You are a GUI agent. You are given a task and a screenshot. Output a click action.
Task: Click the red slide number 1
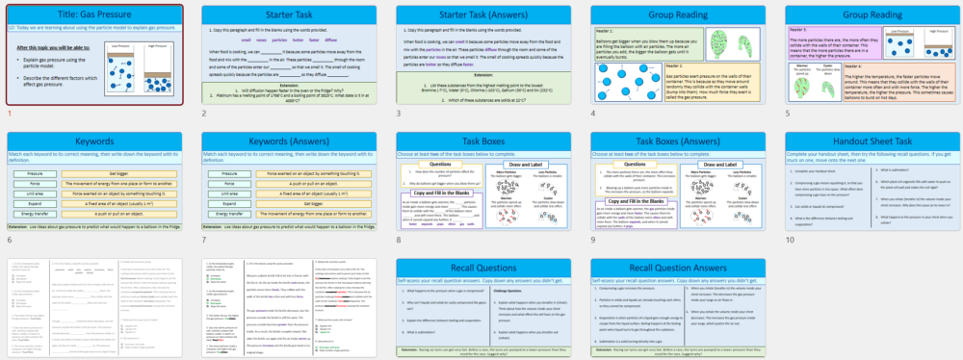click(x=10, y=113)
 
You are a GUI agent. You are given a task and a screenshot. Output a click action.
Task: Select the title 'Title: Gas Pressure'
click(x=93, y=15)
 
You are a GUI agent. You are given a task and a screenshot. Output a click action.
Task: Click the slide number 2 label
click(x=204, y=113)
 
